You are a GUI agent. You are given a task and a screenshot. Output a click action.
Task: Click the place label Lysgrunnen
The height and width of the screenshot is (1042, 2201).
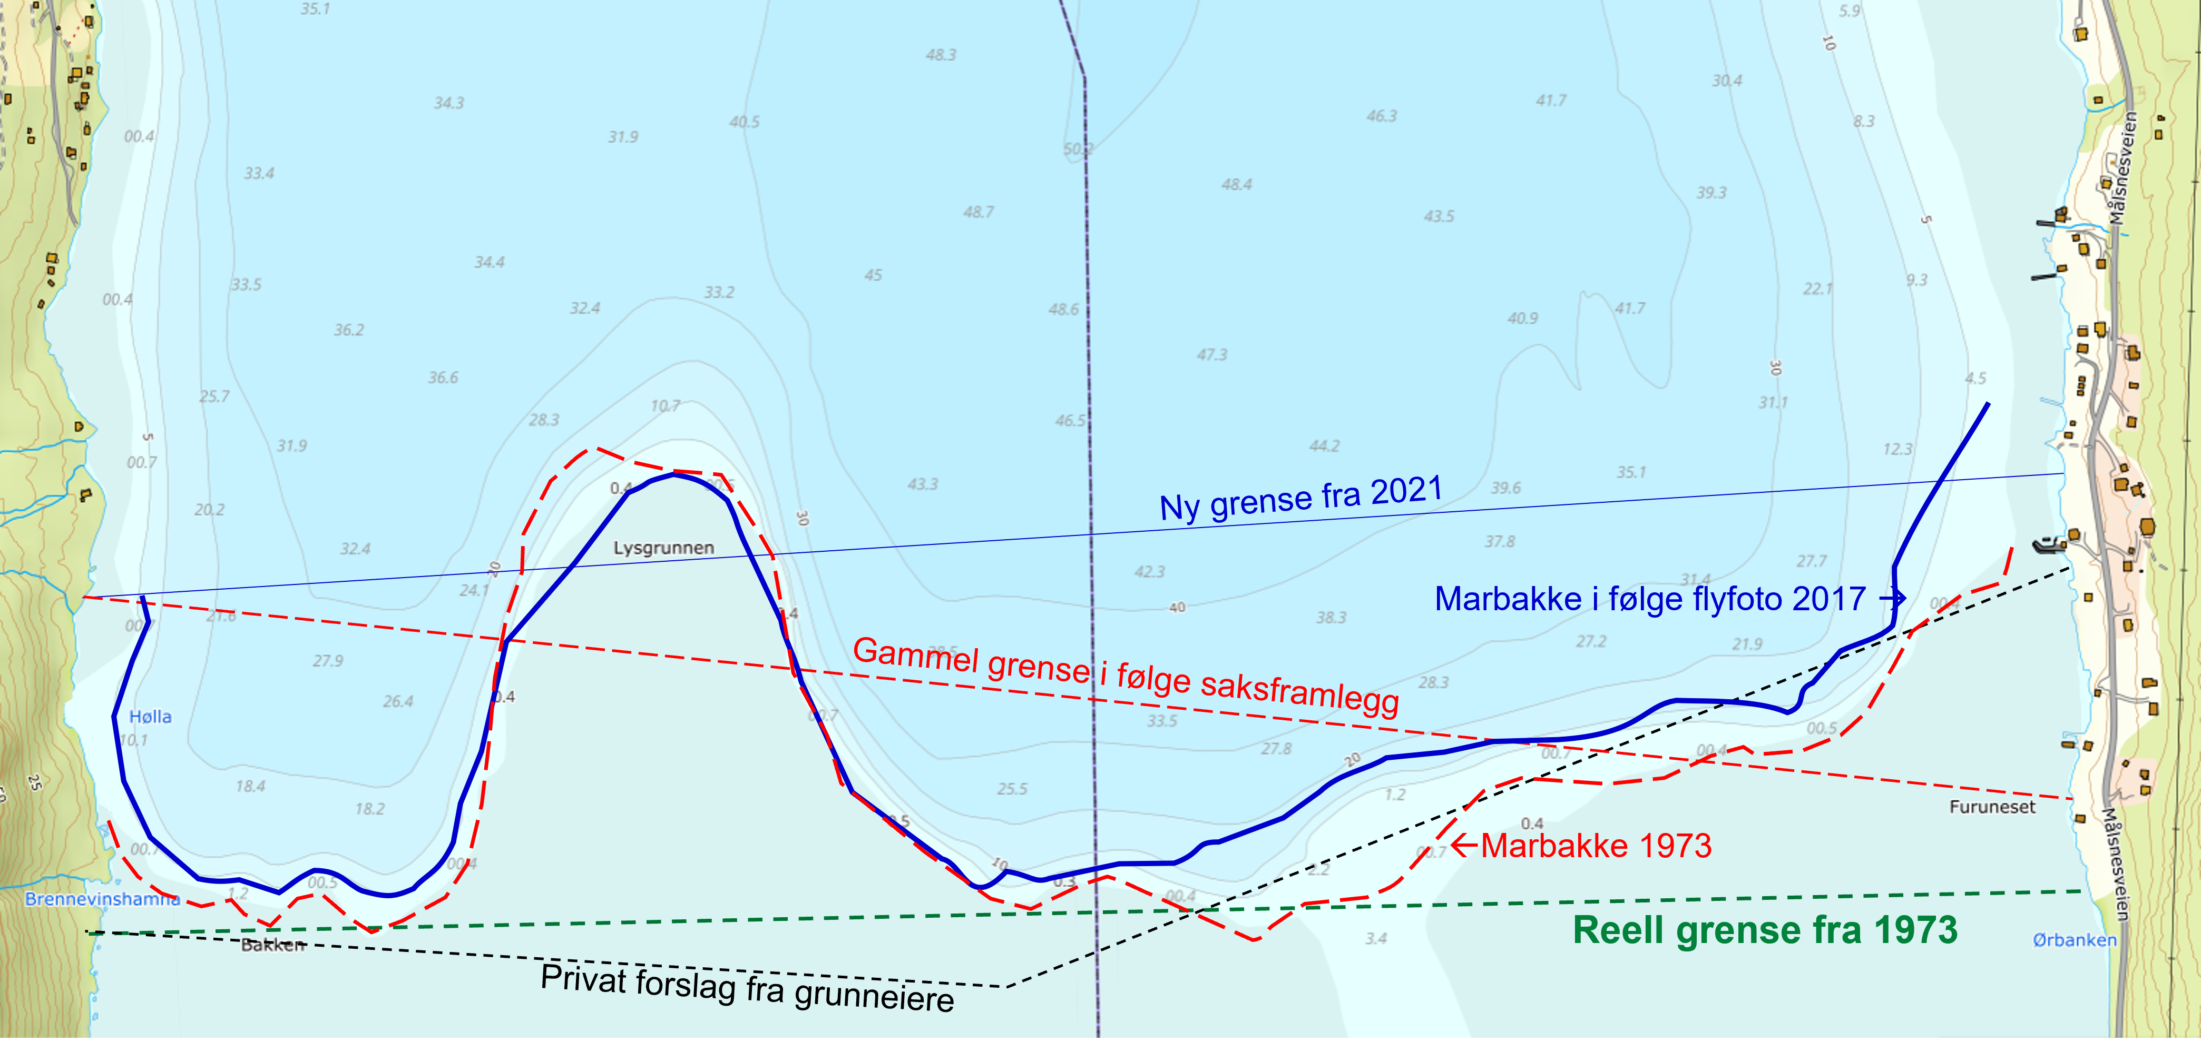click(664, 548)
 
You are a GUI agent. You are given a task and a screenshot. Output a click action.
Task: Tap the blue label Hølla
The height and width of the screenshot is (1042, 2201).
click(150, 717)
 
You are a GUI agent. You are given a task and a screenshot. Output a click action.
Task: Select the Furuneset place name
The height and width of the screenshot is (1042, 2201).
click(1992, 806)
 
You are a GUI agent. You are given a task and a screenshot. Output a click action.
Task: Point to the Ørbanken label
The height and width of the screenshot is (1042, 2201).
click(2075, 939)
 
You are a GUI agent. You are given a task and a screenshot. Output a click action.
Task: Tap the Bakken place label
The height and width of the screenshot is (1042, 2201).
click(272, 945)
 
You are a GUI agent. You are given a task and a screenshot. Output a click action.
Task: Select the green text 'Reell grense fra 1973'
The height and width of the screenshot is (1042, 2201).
click(1765, 930)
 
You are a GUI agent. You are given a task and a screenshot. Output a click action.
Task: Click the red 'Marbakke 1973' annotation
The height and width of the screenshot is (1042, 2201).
click(1596, 846)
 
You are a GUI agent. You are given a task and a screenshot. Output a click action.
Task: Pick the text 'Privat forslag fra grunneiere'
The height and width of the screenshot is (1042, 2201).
click(748, 988)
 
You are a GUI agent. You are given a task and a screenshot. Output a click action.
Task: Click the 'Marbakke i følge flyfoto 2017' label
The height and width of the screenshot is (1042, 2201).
click(1650, 599)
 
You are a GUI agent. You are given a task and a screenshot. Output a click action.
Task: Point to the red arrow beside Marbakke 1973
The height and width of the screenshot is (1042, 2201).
click(1464, 846)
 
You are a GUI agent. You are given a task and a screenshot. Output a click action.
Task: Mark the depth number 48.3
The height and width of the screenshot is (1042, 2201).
click(941, 55)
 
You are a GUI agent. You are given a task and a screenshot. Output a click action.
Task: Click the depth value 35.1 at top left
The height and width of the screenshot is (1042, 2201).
click(315, 8)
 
